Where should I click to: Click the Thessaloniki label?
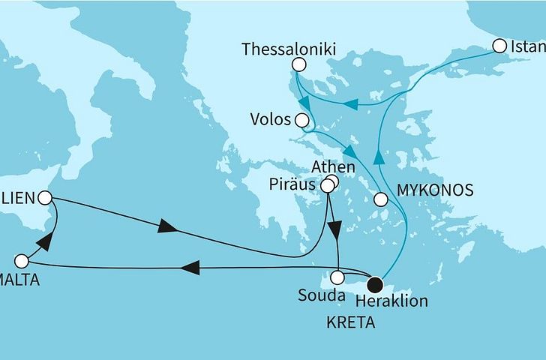click(x=287, y=49)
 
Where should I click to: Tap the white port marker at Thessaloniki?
click(x=298, y=65)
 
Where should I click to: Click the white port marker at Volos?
click(x=302, y=120)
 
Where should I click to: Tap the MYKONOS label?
click(x=435, y=190)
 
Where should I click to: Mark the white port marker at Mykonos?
click(x=380, y=199)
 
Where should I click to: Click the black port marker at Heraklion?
click(x=375, y=283)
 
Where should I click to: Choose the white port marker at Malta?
click(x=22, y=262)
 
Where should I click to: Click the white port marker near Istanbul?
click(x=500, y=46)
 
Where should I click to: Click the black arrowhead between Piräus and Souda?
click(x=335, y=227)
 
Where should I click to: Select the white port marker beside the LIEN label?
click(x=45, y=198)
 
